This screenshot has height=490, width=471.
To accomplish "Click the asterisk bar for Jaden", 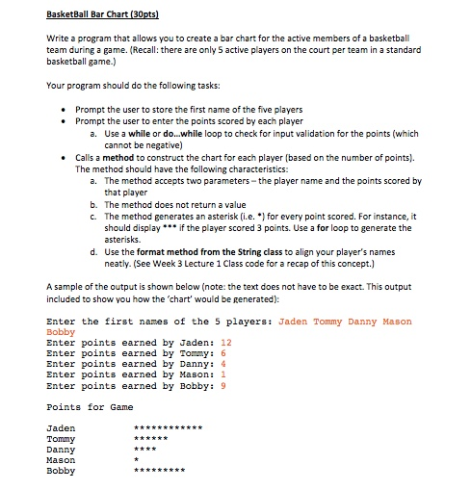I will coord(169,426).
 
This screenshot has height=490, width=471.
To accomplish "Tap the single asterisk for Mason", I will coord(137,460).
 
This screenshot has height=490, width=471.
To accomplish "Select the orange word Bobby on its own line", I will coord(61,331).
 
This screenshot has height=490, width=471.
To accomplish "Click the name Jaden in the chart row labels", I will coord(61,426).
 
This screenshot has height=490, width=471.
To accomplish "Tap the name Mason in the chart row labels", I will coord(61,460).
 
